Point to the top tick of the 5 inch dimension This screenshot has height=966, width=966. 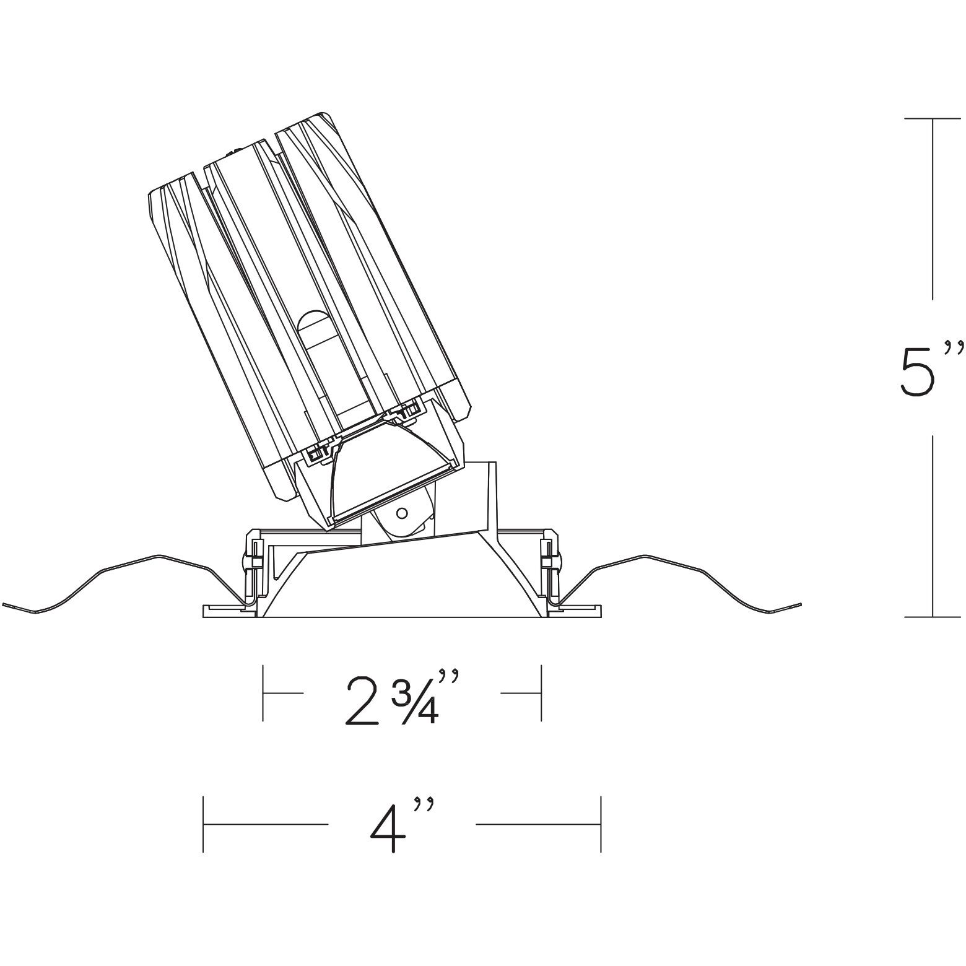pos(933,118)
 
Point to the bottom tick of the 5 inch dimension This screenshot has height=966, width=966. pos(933,616)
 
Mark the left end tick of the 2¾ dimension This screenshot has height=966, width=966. pos(264,694)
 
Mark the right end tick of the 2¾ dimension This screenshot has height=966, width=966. pos(542,694)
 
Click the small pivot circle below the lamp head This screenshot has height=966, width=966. pos(401,513)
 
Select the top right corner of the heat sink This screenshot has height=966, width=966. pos(324,114)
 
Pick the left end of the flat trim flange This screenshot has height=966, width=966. pos(205,611)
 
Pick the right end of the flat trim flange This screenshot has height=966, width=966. pos(601,611)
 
